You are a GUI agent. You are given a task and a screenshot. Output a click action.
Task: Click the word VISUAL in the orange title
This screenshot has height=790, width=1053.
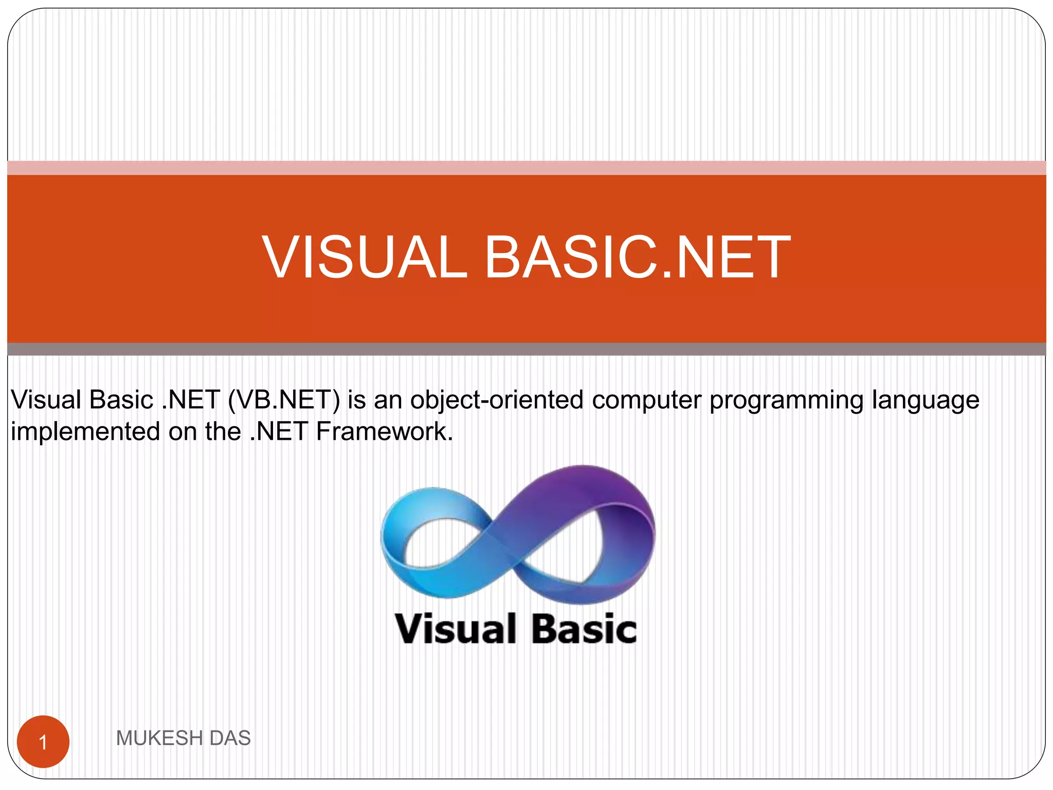(364, 257)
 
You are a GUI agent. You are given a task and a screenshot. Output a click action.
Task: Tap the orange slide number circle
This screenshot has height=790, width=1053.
(43, 742)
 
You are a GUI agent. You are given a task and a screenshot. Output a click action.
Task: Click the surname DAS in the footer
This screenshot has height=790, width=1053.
(230, 738)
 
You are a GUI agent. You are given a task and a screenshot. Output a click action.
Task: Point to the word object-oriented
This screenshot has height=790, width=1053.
(496, 400)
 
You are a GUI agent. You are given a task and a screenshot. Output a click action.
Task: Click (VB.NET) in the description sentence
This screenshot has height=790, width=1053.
(284, 400)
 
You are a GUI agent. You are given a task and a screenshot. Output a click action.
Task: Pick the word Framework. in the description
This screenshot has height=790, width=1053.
(384, 431)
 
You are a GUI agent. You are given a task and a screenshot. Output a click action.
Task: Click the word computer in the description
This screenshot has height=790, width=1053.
(646, 401)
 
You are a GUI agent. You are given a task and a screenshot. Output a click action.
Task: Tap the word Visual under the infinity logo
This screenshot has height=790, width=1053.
(456, 629)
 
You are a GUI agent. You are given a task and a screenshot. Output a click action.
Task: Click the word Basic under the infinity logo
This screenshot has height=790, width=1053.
(584, 629)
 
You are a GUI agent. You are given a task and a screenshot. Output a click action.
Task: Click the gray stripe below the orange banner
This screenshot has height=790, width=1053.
(526, 349)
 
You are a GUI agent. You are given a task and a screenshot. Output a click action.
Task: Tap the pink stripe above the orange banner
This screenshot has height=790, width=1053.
(526, 168)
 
